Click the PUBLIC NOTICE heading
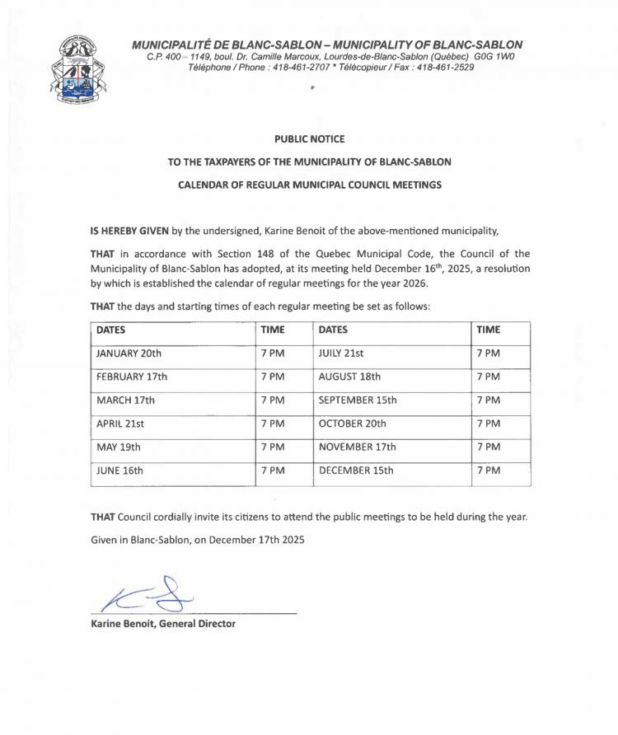309,139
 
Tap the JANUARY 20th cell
129,353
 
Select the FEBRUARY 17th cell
132,377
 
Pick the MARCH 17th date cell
125,400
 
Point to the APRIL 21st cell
121,424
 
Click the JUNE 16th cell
120,471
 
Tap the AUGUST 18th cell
349,377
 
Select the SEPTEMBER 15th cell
358,400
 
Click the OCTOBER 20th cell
352,424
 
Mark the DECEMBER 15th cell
356,471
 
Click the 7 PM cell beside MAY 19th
273,447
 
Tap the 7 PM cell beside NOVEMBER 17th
489,447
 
